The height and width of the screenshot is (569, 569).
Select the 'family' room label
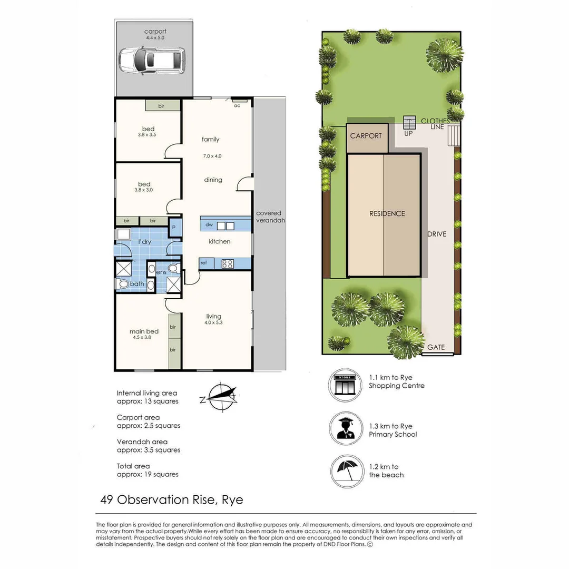coord(210,140)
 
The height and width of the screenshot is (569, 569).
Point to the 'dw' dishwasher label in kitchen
coord(210,225)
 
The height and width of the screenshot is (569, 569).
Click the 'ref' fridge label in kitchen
coord(203,262)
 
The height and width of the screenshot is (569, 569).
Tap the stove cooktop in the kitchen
coord(228,263)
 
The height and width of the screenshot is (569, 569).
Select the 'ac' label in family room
coord(237,105)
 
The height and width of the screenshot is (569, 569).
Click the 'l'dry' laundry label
coord(145,241)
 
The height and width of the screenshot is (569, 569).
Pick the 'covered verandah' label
coord(269,217)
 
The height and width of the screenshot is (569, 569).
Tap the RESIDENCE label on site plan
coord(387,213)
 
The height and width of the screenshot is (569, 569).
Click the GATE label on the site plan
coord(436,348)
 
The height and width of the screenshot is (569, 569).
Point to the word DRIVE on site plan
coord(437,233)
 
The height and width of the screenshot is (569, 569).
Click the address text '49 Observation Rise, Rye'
coord(172,499)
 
